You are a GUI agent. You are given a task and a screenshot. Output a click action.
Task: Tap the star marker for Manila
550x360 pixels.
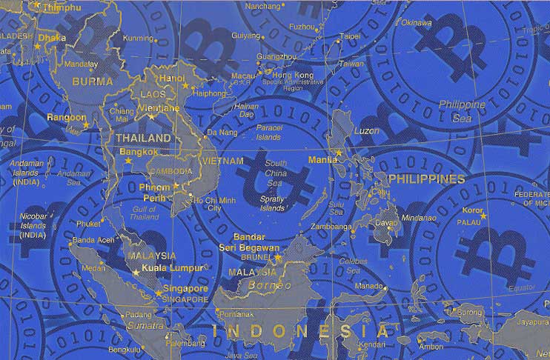point(339,153)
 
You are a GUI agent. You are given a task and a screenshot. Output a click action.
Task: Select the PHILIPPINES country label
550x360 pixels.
point(426,179)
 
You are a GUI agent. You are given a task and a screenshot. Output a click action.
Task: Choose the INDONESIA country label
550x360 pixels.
point(299,330)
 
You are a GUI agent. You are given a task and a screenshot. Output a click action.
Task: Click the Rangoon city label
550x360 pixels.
point(66,117)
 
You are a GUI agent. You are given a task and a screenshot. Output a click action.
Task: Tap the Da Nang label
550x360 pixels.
point(222,132)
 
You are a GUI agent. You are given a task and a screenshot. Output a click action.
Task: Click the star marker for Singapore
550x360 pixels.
point(157,294)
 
